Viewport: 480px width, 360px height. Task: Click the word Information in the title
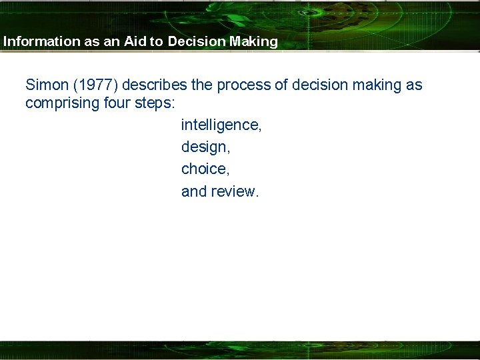coord(41,41)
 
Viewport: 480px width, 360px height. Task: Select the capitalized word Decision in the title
coord(197,41)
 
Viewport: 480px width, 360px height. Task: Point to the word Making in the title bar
coord(253,41)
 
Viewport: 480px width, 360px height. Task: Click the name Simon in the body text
coord(45,85)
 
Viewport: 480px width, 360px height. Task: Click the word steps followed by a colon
coord(155,103)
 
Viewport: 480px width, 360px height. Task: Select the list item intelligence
coord(220,125)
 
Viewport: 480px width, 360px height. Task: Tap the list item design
coord(205,147)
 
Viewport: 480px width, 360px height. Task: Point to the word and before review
coord(194,192)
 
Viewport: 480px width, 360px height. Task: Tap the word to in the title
coord(156,41)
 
